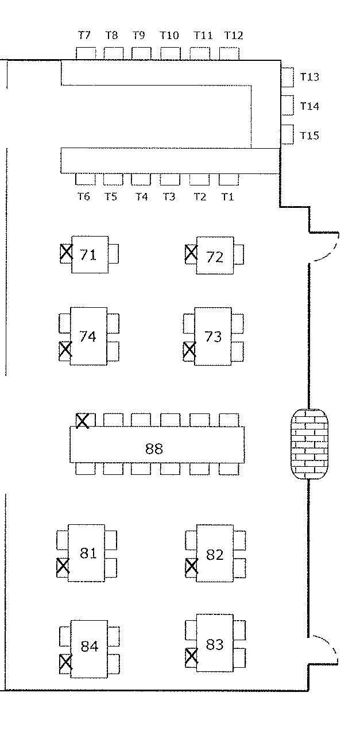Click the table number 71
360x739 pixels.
tap(88, 254)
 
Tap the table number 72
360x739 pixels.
tap(214, 257)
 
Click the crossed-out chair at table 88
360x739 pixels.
tap(83, 420)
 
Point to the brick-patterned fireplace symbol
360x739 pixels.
tap(310, 443)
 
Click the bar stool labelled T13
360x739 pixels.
tap(287, 77)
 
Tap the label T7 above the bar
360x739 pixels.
tap(84, 36)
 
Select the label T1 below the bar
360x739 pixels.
tap(228, 197)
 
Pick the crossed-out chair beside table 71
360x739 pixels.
tap(67, 253)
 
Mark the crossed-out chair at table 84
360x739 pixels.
tap(66, 663)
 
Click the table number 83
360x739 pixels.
tap(214, 645)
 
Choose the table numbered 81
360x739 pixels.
tap(88, 554)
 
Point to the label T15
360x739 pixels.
tap(309, 136)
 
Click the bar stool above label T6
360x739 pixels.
tap(85, 179)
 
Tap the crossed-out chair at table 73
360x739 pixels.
tap(189, 350)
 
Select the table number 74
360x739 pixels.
tap(87, 336)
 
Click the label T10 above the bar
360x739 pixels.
tap(169, 36)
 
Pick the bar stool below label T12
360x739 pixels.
tap(229, 53)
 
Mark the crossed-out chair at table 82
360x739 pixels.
tap(191, 566)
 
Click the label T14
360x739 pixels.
tap(309, 107)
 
